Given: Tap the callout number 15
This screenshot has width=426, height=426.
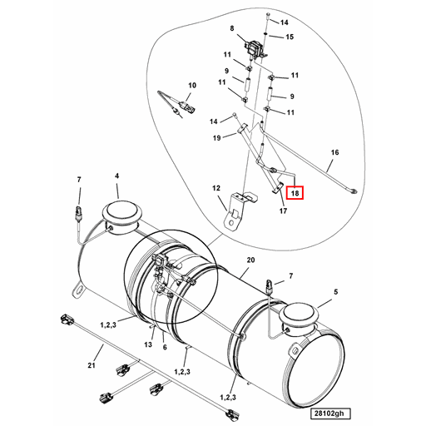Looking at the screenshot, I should point(290,37).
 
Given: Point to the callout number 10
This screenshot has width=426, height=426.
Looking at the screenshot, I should point(191,86).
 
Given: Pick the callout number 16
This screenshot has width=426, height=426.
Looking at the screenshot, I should point(335,153).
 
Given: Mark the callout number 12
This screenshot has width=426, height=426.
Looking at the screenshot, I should point(216,189).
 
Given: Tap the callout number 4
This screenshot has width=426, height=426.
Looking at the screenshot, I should point(117,176).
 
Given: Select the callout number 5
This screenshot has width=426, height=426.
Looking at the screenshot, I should point(337,292).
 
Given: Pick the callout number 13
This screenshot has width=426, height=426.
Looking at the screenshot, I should point(146,344).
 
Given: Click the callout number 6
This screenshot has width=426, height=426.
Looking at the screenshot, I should point(165,347).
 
